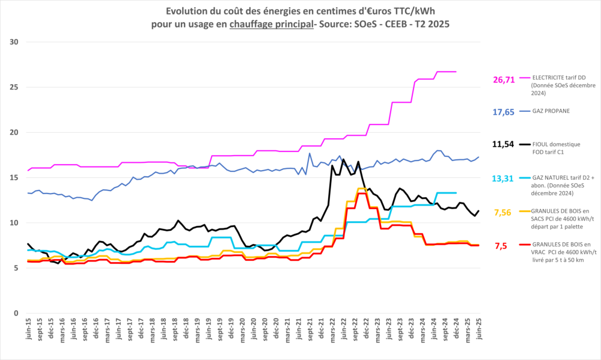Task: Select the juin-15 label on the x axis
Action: click(x=28, y=331)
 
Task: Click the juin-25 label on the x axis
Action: click(x=479, y=331)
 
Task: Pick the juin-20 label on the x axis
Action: click(x=254, y=331)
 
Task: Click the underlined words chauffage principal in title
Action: click(x=271, y=23)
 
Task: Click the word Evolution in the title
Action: click(x=186, y=11)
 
